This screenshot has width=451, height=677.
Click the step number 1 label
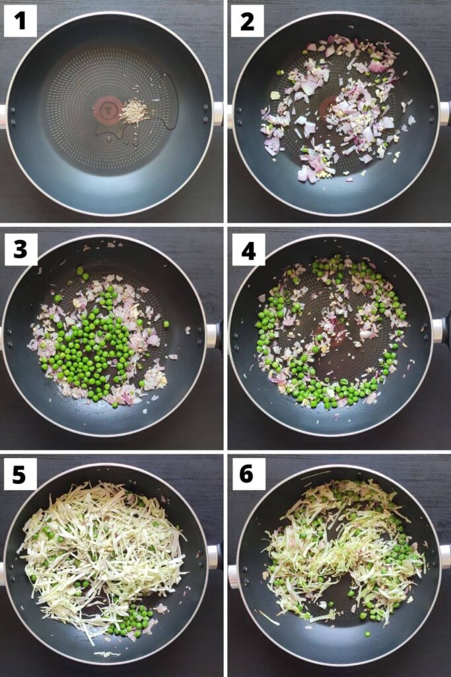[x=20, y=21]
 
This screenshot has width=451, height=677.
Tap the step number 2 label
[x=247, y=21]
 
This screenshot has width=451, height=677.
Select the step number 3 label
[x=20, y=249]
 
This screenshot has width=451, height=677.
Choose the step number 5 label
[x=20, y=474]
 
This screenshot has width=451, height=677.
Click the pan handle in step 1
[x=218, y=114]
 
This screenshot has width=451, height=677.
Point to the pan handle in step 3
[x=213, y=335]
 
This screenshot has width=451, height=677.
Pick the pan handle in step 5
[x=213, y=557]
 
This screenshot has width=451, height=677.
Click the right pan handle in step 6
[x=444, y=556]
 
